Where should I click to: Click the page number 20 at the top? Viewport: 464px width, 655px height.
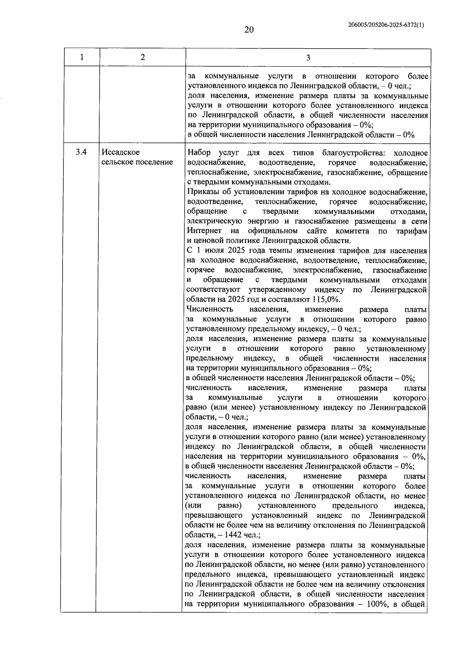249,30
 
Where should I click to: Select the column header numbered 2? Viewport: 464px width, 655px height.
143,58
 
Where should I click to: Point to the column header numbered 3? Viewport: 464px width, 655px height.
308,58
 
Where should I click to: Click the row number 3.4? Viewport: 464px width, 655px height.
81,152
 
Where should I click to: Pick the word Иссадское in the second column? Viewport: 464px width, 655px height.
121,152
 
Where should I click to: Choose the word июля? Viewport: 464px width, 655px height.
213,251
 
